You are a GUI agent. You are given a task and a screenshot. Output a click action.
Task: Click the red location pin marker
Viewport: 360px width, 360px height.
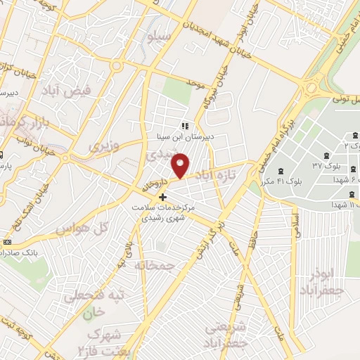point(181,166)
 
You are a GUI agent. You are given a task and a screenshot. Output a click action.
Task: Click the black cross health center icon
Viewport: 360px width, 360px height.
point(163,197)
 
